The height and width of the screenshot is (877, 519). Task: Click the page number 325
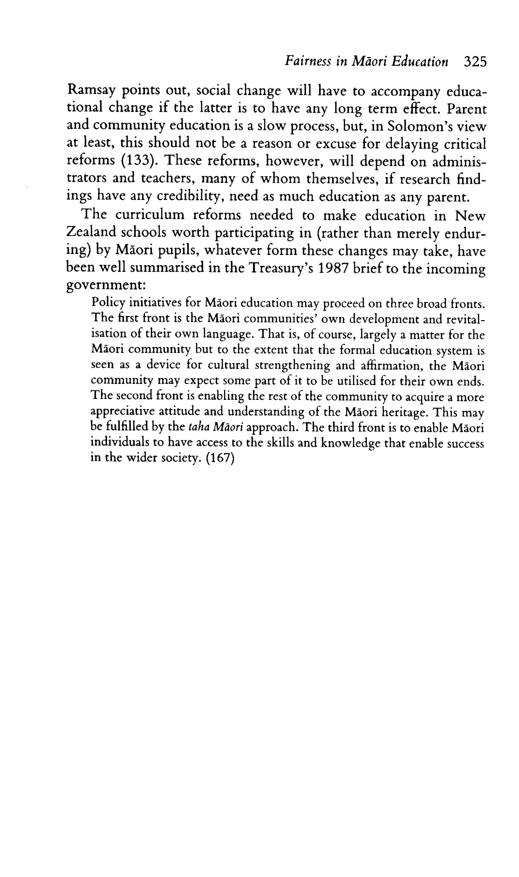pyautogui.click(x=475, y=62)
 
